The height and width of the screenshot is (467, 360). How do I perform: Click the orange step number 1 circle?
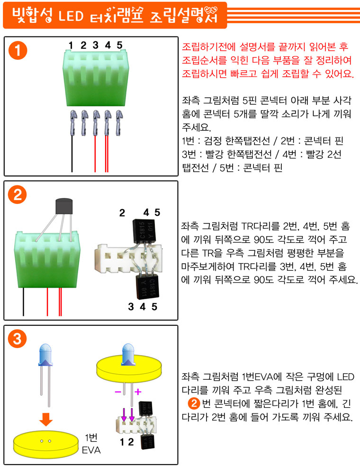coord(18,50)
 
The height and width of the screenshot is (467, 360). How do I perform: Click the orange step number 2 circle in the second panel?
coord(17,195)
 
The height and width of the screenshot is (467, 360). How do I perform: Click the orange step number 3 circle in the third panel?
coord(17,339)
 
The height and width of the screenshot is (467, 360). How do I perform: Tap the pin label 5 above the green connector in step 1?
coord(119,45)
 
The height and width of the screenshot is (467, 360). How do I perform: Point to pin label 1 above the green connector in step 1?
coord(71,45)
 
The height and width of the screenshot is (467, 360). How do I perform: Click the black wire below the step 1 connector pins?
coord(72,154)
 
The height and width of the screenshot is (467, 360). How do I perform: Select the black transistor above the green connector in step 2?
coord(64,206)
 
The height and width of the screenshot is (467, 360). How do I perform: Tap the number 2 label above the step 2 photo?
coord(122,213)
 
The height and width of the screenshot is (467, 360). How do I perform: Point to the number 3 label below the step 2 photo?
coord(131,307)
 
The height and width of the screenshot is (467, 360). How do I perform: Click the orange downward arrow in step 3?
coord(46,419)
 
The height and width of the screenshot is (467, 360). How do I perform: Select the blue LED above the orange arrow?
coord(45,375)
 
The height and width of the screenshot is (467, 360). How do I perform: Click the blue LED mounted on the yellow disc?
coord(128,354)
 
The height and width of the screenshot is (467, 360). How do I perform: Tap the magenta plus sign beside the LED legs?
coord(138,392)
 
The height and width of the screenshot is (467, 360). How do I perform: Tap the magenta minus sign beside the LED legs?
coord(118,392)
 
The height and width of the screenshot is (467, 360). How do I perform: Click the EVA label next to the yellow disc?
coord(91,450)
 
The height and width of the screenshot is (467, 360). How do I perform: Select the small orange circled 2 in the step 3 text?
coord(194,403)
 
